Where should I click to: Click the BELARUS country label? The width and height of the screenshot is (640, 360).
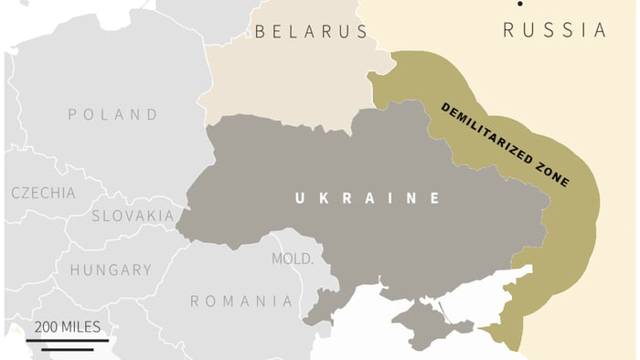[x=311, y=32]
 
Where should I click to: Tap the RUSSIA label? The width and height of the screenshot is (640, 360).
[x=554, y=30]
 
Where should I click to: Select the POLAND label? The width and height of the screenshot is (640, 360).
[x=112, y=115]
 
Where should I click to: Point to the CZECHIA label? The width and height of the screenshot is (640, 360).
[x=43, y=193]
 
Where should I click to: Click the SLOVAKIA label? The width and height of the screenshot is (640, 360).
[x=133, y=217]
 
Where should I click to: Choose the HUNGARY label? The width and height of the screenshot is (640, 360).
[x=111, y=270]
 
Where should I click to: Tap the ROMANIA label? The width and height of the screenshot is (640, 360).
[x=241, y=302]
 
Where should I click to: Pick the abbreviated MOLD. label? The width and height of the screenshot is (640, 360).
[x=292, y=259]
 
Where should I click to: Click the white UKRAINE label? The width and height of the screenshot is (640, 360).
[x=367, y=197]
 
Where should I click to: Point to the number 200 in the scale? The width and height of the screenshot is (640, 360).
[x=48, y=327]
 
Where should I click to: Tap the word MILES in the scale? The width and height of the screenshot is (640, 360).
[x=81, y=327]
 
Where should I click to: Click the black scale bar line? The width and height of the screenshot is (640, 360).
[x=67, y=344]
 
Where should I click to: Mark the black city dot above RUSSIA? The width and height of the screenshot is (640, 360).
[x=519, y=5]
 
